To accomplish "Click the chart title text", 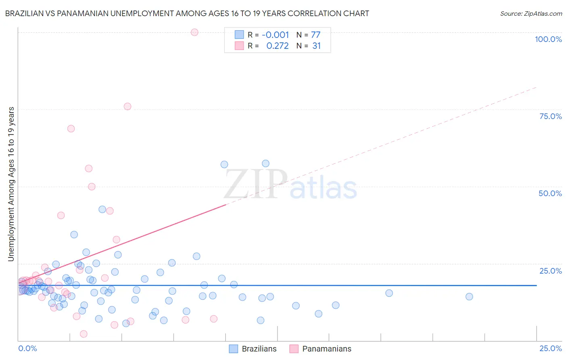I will [187, 13].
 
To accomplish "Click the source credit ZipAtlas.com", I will [531, 13].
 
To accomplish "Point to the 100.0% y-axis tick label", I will [548, 39].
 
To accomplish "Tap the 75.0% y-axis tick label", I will [550, 116].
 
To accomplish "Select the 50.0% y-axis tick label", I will [550, 193].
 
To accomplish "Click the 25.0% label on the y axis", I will [550, 271].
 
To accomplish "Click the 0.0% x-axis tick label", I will [27, 348].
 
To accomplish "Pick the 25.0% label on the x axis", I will [550, 348].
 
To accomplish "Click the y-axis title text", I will [11, 184].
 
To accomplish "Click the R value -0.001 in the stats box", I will [275, 35].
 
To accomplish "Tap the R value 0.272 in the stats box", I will [277, 46].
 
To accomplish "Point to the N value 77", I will [316, 35].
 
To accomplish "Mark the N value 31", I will [317, 46].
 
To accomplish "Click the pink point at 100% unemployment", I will [194, 32].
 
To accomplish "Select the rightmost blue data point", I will [469, 297].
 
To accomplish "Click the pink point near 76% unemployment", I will [127, 107].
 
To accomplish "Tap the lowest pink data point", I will [83, 334].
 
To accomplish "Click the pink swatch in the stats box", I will [239, 46].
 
